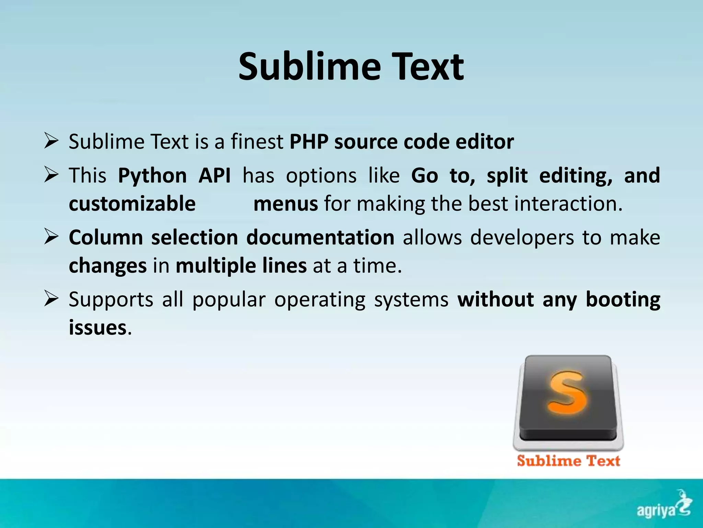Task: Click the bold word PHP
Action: (x=309, y=142)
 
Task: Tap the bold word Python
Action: (x=152, y=176)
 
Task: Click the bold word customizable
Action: (x=132, y=203)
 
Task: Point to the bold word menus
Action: (x=286, y=203)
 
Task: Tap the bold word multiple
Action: (x=216, y=266)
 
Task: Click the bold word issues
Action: (x=98, y=327)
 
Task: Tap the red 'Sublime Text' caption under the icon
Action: (x=568, y=461)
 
